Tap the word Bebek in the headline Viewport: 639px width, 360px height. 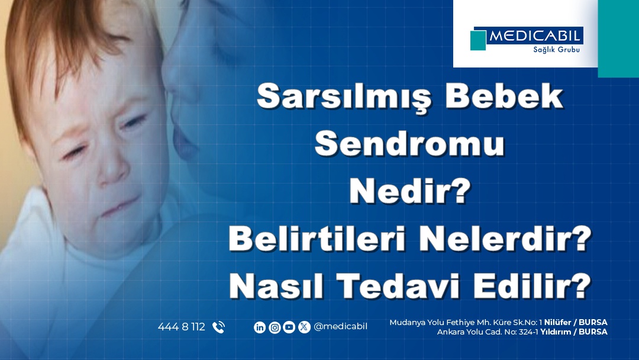click(504, 97)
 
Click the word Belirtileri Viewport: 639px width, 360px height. click(317, 239)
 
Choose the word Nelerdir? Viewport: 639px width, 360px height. click(505, 239)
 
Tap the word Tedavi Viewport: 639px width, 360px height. click(399, 286)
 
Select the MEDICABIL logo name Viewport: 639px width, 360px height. click(535, 36)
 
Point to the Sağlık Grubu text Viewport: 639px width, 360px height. click(556, 49)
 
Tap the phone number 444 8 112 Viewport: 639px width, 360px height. click(182, 327)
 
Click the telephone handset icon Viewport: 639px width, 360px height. click(218, 327)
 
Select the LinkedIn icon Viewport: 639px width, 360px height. click(260, 327)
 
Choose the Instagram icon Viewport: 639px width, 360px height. click(275, 327)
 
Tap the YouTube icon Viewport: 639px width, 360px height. click(289, 327)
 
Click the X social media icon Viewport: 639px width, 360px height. click(304, 327)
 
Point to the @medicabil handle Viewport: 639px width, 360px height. click(340, 327)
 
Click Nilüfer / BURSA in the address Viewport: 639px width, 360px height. click(576, 323)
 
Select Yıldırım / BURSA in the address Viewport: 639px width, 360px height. click(574, 332)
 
